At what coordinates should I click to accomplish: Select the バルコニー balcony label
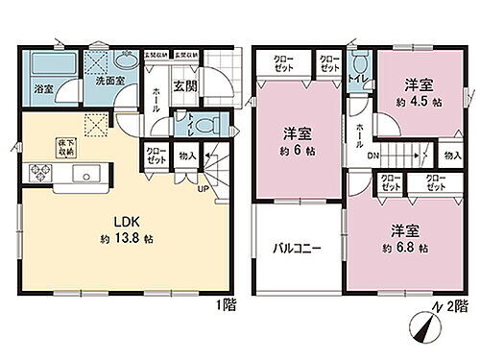[296, 248]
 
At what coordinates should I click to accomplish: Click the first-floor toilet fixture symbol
[206, 125]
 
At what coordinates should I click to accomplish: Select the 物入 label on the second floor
[451, 154]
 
